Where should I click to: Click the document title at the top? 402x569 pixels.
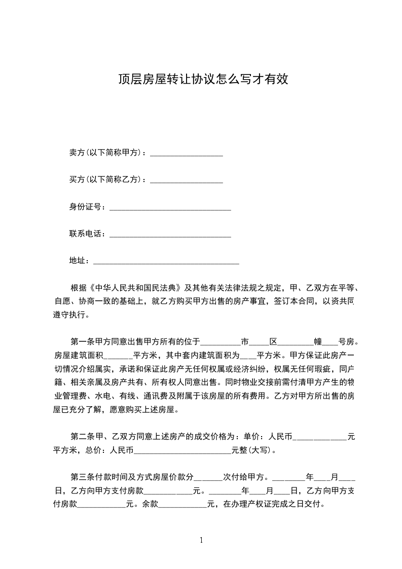tap(203, 79)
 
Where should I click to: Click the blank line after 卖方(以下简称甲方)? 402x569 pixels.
tap(187, 152)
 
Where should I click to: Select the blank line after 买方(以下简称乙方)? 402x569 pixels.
tap(187, 180)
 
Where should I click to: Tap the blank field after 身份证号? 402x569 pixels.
tap(170, 207)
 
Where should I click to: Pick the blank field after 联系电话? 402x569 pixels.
tap(170, 234)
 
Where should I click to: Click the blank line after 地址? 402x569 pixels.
tap(166, 261)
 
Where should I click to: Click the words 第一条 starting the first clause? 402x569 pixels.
tap(83, 341)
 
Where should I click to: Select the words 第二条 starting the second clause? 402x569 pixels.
tap(83, 436)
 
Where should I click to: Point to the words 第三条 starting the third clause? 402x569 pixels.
tap(83, 477)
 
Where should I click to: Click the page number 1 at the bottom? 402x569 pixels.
tap(201, 541)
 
